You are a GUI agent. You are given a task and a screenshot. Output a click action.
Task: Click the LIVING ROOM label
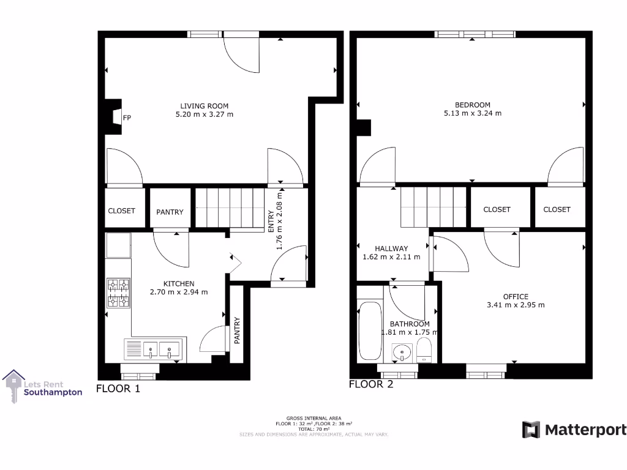point(204,106)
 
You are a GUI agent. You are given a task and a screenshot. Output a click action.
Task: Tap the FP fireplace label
point(127,117)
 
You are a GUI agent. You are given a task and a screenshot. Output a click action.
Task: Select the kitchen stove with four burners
point(119,293)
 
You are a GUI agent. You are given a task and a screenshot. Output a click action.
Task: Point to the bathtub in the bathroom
point(369,330)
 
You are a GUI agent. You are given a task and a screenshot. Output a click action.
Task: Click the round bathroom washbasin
point(402,352)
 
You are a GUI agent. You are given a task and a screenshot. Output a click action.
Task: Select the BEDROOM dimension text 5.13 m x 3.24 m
point(472,113)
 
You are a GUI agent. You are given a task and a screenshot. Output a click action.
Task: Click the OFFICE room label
point(516,297)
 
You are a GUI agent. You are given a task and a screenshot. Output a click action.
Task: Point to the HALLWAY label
point(391,248)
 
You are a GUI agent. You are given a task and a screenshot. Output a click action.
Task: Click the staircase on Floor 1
point(228,208)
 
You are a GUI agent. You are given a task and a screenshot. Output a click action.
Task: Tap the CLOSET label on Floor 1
point(121,211)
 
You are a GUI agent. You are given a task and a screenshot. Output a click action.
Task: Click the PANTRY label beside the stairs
point(170,212)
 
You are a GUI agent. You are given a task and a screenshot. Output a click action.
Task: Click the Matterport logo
point(574,430)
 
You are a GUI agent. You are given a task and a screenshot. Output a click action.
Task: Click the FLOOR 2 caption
point(370,385)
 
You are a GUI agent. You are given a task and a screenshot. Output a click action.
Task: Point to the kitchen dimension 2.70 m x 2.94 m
point(179,292)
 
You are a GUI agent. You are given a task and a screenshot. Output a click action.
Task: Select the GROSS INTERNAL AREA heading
point(313,418)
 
